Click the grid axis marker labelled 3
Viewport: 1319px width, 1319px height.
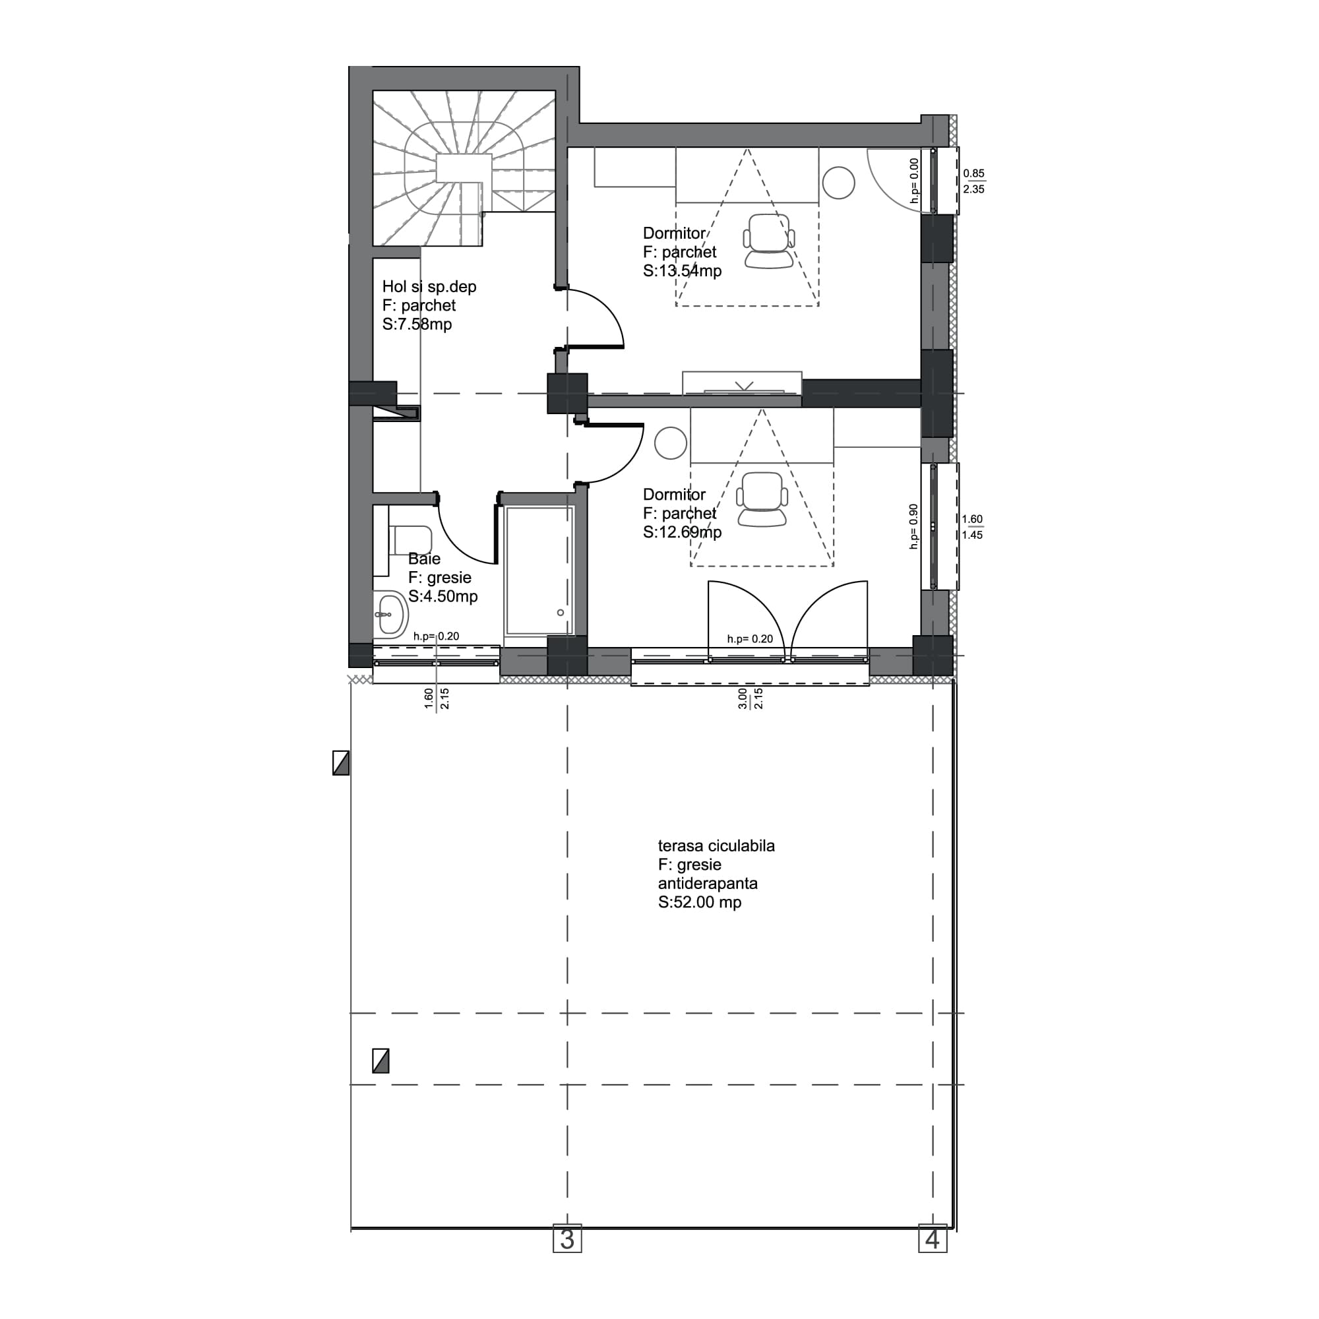point(567,1239)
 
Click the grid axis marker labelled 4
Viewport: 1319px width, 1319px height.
point(933,1239)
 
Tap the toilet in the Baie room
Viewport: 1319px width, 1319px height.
point(410,540)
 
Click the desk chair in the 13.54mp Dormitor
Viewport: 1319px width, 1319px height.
point(769,241)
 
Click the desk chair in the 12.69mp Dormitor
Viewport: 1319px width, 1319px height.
point(762,500)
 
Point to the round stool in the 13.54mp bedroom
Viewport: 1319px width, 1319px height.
point(838,183)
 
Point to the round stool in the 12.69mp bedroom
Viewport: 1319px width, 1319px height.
point(671,443)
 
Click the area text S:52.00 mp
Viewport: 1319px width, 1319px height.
point(699,903)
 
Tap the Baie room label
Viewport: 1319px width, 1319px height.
point(424,559)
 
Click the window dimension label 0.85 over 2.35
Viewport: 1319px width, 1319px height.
point(973,181)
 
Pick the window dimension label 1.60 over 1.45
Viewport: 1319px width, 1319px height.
point(972,527)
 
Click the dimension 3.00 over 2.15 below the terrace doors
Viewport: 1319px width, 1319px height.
point(751,698)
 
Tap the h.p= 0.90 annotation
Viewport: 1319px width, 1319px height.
point(913,527)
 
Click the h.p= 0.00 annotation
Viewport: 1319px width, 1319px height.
point(914,181)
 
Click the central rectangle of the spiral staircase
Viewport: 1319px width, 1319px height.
point(464,168)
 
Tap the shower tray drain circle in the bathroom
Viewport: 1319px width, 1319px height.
point(561,613)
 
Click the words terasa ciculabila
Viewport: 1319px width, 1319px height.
point(716,846)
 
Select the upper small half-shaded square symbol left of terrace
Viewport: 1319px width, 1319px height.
point(341,763)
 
